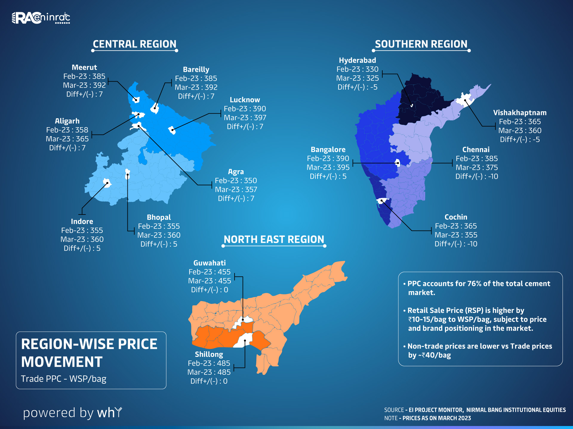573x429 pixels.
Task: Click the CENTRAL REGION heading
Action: click(x=135, y=44)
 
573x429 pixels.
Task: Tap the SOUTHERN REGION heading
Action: click(x=421, y=44)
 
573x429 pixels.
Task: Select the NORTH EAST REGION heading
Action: click(x=274, y=240)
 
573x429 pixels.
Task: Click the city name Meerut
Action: click(x=84, y=67)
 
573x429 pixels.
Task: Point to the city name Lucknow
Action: click(x=245, y=100)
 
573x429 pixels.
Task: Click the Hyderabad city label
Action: click(x=357, y=60)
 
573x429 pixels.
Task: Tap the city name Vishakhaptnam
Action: click(x=520, y=113)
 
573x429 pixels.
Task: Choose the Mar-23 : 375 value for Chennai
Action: click(x=477, y=167)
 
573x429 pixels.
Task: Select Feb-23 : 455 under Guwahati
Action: click(x=210, y=272)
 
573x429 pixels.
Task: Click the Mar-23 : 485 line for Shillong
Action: click(x=209, y=372)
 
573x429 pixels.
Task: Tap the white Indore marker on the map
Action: click(x=107, y=182)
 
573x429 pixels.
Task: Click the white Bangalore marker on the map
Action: click(x=398, y=163)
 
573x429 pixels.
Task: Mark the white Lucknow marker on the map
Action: click(x=172, y=130)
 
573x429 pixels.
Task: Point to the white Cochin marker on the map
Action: click(x=382, y=201)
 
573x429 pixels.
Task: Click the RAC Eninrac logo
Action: click(x=41, y=18)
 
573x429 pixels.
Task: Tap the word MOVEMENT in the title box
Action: click(x=62, y=362)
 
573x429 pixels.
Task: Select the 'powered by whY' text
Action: click(x=73, y=413)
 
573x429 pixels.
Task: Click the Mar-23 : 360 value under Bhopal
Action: click(x=159, y=235)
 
